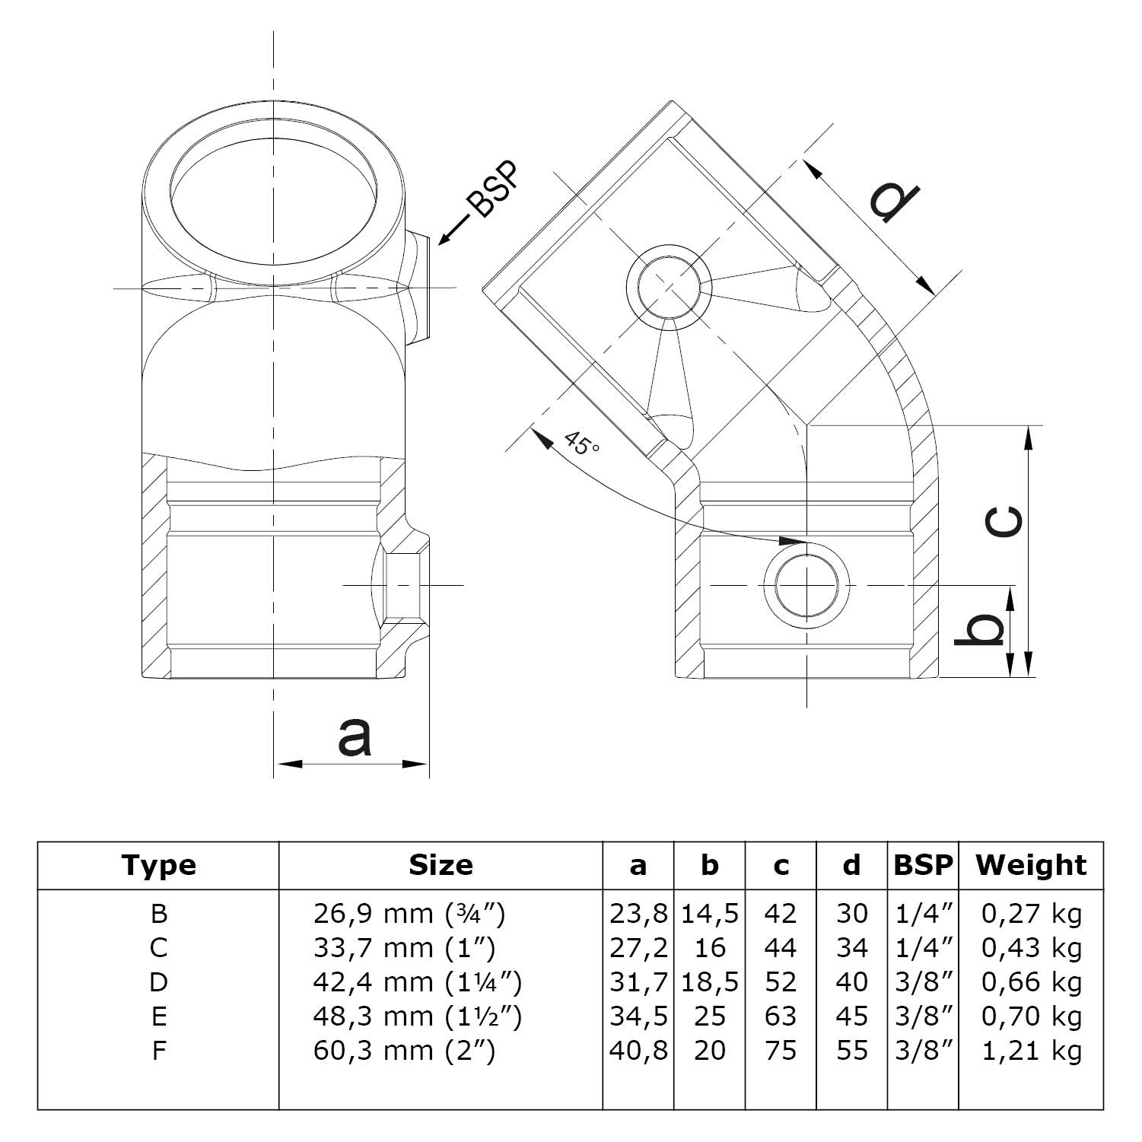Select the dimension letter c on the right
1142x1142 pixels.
[x=1004, y=522]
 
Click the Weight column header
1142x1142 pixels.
[x=1031, y=865]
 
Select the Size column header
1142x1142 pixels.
[x=441, y=865]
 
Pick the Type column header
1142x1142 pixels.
[x=158, y=865]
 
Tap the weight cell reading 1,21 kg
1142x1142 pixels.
[x=1031, y=1051]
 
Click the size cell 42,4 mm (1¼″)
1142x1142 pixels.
[x=417, y=982]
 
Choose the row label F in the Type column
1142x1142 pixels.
[x=158, y=1051]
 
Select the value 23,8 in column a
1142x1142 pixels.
[x=638, y=913]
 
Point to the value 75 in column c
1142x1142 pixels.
[x=781, y=1051]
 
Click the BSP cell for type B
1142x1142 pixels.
[x=924, y=913]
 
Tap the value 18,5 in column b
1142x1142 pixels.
[x=709, y=982]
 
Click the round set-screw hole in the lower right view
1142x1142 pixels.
[x=806, y=585]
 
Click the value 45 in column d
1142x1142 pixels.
[x=851, y=1016]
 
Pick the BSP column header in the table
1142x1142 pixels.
[x=923, y=865]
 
